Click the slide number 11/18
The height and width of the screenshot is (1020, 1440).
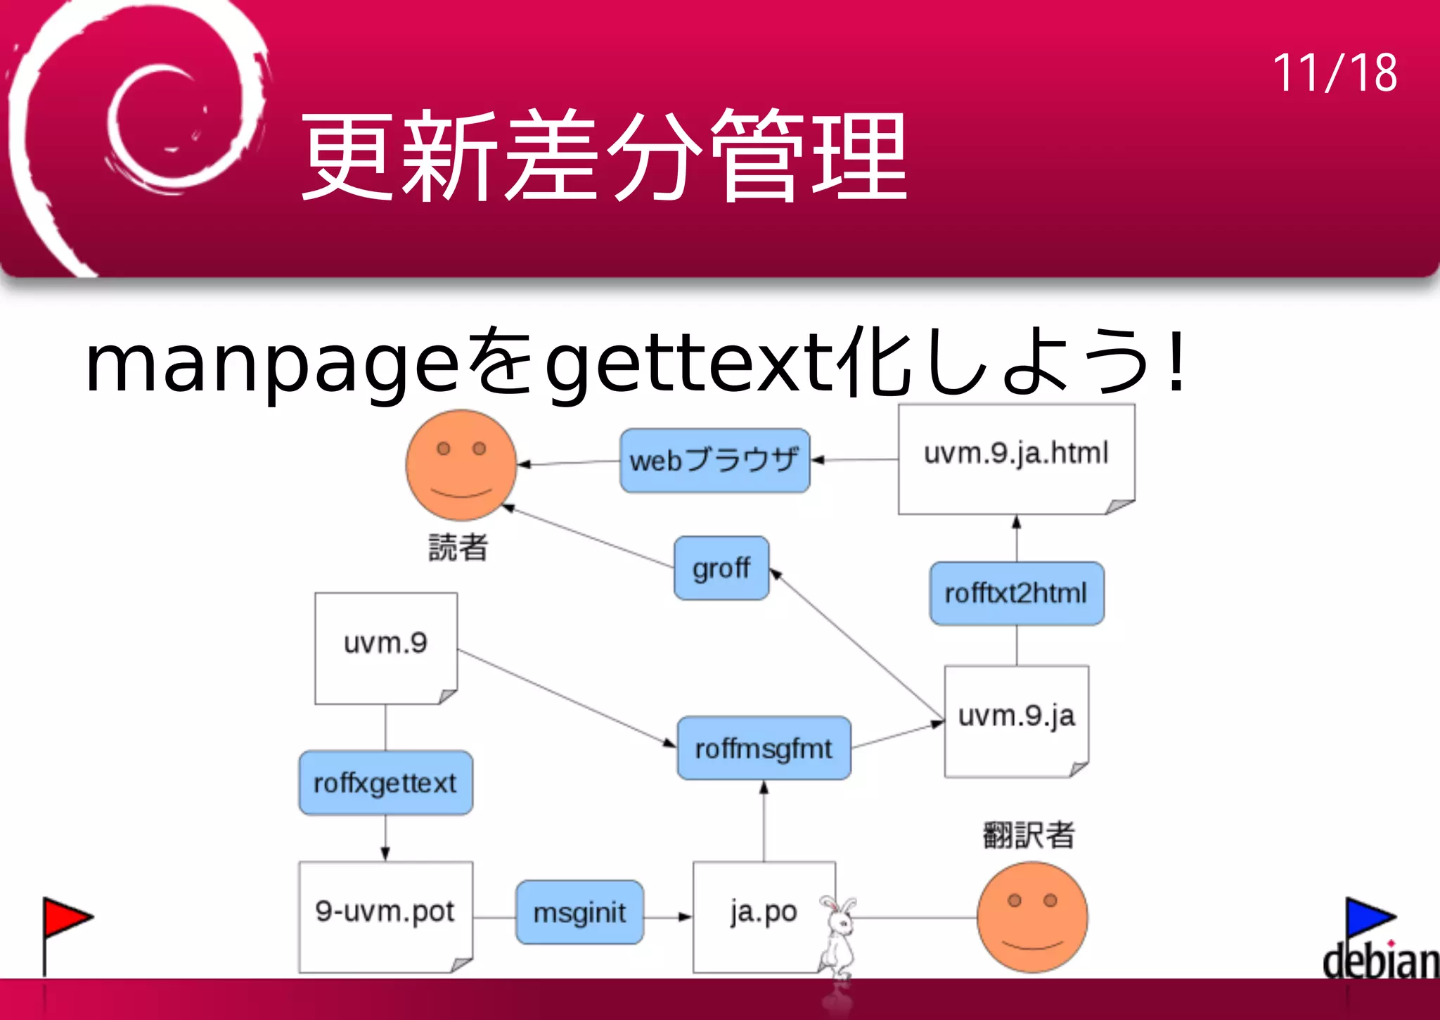tap(1335, 73)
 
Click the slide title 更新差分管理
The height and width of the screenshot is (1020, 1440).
tap(605, 156)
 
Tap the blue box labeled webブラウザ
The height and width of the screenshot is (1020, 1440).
tap(714, 461)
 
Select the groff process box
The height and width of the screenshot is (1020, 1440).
tap(721, 568)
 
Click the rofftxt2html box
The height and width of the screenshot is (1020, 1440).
tap(1016, 594)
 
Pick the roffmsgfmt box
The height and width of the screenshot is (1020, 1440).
tap(764, 748)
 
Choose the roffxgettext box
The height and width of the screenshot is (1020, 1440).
tap(385, 783)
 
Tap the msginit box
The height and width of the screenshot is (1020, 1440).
tap(579, 912)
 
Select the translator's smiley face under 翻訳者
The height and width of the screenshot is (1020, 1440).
tap(1032, 917)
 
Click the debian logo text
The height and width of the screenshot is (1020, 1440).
tap(1380, 960)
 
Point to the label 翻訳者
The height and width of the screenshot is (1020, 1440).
tap(1028, 836)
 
